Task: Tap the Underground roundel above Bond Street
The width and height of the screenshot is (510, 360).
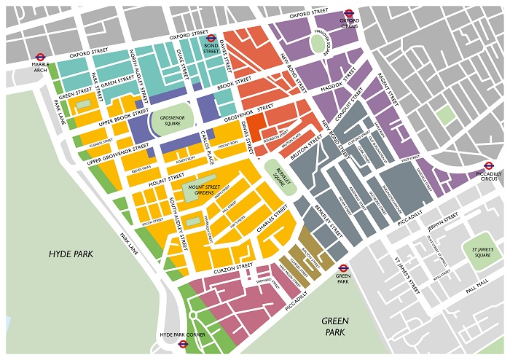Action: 211,39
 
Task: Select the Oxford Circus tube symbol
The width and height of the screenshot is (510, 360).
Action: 349,12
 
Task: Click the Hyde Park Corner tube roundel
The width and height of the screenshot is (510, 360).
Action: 183,343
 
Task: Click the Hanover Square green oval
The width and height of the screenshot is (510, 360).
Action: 318,44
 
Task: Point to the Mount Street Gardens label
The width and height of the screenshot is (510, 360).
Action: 197,189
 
